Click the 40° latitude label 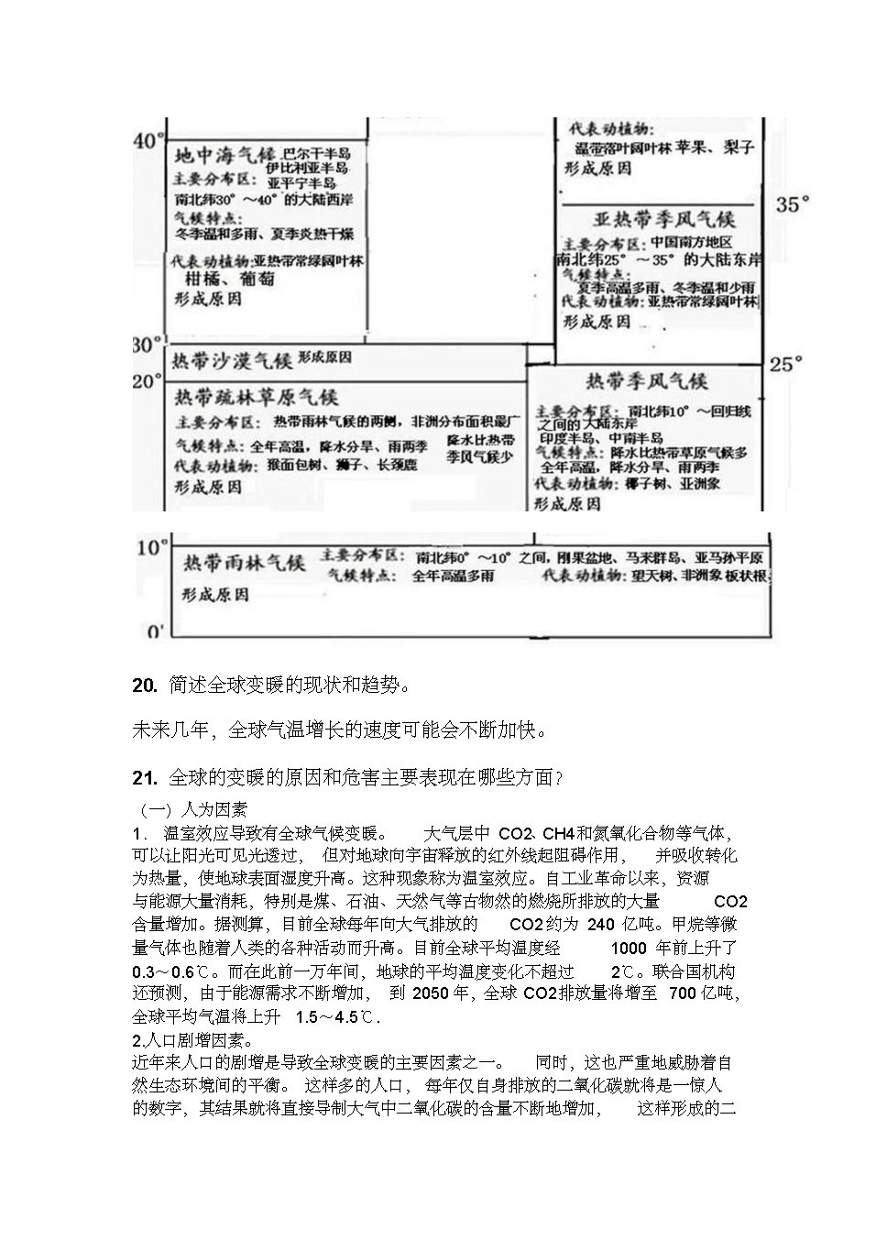(x=148, y=141)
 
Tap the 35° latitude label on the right (x=793, y=204)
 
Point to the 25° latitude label (x=785, y=364)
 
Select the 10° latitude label (x=151, y=547)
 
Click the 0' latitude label (x=155, y=631)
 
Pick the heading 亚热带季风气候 (x=664, y=220)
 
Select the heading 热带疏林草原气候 (x=257, y=397)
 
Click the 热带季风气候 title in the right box (x=647, y=381)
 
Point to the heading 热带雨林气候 (x=244, y=562)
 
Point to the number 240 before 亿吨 (x=600, y=924)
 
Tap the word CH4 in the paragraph (x=558, y=833)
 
